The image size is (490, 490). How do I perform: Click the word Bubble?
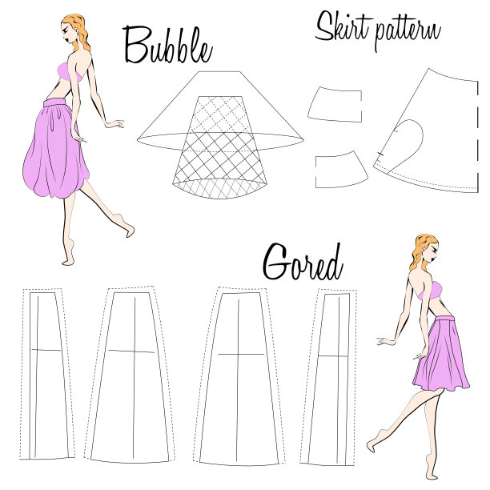click(x=168, y=46)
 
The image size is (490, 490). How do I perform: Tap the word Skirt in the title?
click(x=343, y=26)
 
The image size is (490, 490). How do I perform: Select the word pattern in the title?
click(x=408, y=33)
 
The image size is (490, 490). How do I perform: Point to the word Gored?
click(x=303, y=263)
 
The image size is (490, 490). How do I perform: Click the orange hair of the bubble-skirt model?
click(x=77, y=31)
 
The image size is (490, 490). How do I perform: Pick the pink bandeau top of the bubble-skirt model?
click(x=70, y=73)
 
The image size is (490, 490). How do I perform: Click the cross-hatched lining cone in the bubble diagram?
click(x=220, y=147)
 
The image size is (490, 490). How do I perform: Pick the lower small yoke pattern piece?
click(x=340, y=171)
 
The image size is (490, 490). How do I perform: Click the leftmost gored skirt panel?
click(x=47, y=373)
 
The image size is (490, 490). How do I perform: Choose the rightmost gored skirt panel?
click(x=330, y=376)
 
